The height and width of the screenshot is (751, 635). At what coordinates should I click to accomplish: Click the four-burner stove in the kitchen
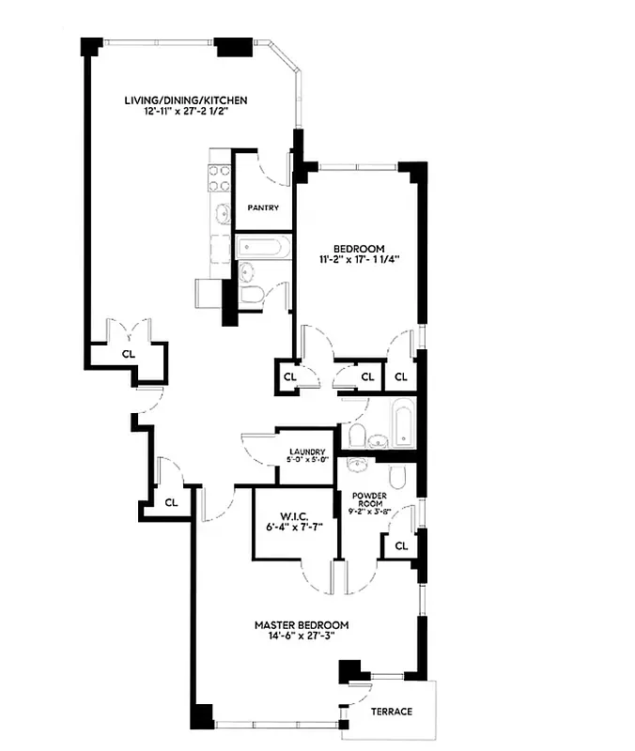220,177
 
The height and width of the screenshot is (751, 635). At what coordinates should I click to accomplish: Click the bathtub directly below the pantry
262,248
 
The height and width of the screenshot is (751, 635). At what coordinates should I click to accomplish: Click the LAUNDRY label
307,451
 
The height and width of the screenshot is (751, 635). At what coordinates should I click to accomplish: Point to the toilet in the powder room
396,478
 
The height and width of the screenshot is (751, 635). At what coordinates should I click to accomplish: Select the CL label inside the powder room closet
401,545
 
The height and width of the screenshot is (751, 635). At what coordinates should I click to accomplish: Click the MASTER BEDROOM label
302,625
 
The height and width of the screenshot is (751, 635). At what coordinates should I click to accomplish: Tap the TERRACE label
392,712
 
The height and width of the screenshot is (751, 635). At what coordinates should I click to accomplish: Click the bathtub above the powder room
403,423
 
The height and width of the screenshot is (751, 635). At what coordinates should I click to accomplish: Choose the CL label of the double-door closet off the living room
128,354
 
